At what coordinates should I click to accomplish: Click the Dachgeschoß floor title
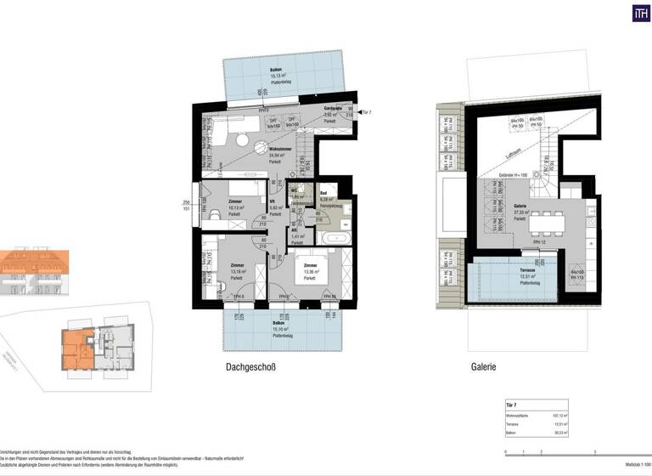251,368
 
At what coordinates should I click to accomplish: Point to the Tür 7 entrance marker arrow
358,112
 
